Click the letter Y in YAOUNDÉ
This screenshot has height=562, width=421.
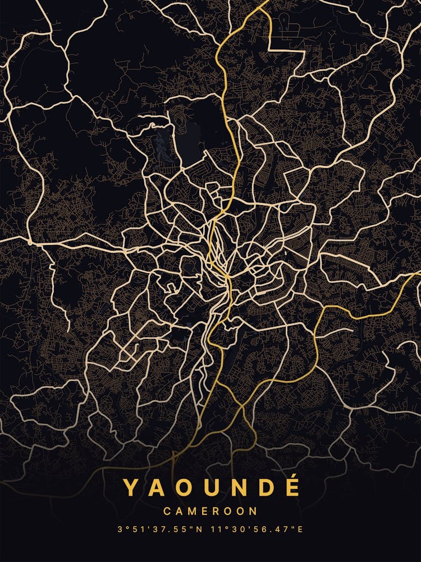pos(131,487)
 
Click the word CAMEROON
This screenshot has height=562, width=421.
pos(210,511)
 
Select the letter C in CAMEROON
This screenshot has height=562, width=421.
pos(167,511)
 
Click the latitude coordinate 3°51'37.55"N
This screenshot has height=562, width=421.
pos(161,529)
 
